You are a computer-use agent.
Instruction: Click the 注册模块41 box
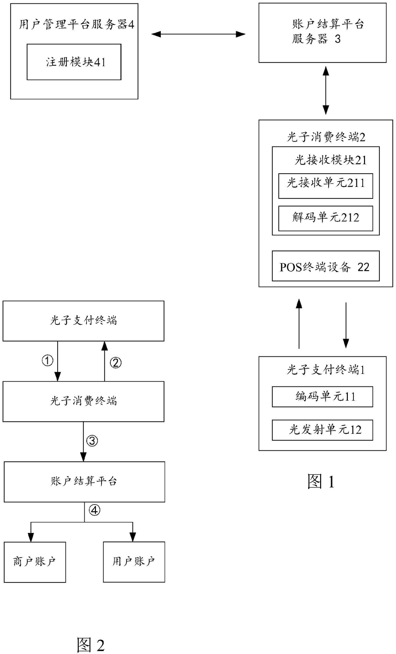(x=74, y=62)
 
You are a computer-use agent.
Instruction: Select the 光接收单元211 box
(x=325, y=186)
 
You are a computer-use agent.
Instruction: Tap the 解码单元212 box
(x=325, y=218)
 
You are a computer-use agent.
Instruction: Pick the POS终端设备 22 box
(x=325, y=266)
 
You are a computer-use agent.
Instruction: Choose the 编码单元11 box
(x=323, y=397)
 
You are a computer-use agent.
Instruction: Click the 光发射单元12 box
(x=323, y=430)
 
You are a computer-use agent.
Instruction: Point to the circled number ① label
(x=48, y=361)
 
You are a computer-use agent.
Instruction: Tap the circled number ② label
(x=115, y=363)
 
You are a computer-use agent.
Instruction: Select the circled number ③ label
(x=92, y=441)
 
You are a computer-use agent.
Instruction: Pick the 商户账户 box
(x=35, y=562)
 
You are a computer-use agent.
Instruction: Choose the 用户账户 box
(x=134, y=562)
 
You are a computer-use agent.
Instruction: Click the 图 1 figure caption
(x=321, y=481)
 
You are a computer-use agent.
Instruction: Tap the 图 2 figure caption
(x=91, y=644)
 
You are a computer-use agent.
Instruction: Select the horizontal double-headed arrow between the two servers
(x=198, y=34)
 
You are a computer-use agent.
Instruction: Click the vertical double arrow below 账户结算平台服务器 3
(x=325, y=91)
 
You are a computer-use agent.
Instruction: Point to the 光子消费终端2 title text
(x=326, y=136)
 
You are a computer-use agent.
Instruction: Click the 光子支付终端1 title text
(x=326, y=370)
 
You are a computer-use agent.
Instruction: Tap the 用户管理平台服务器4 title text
(x=76, y=24)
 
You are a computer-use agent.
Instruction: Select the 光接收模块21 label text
(x=331, y=160)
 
